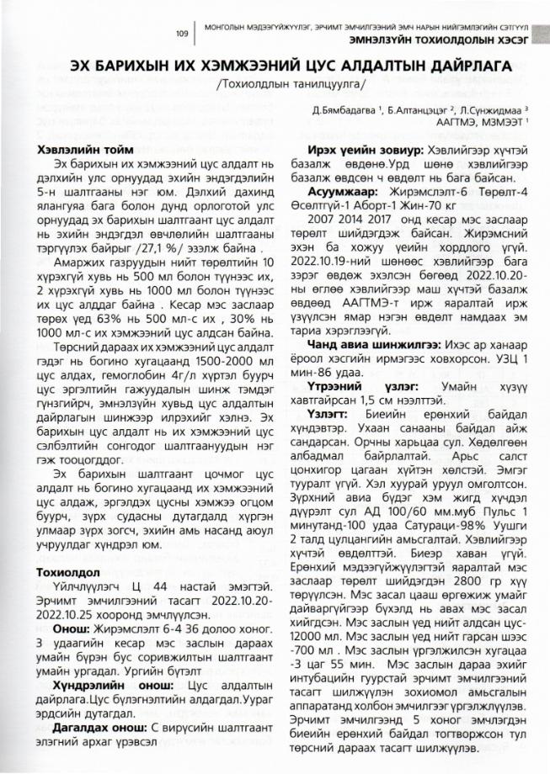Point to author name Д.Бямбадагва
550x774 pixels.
335,109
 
